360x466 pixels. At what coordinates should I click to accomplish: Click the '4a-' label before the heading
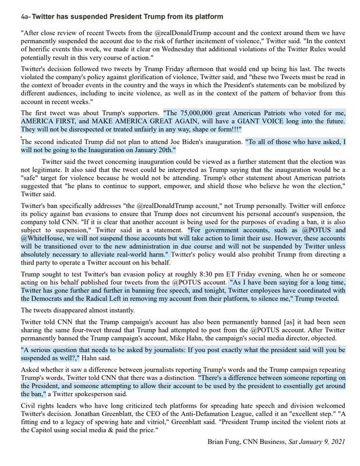24,17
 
